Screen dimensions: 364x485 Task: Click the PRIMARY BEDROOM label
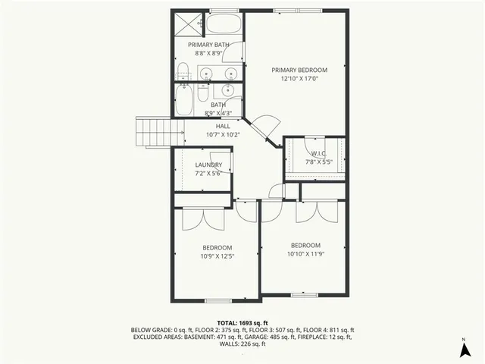299,69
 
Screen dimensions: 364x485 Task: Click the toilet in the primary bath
183,73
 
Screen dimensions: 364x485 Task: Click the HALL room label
223,126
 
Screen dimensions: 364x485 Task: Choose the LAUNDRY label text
208,165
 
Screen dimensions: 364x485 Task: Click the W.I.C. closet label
317,152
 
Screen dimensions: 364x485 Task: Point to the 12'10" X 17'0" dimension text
299,78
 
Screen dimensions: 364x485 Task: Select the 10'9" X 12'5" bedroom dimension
217,256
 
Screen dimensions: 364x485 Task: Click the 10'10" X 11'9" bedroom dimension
305,254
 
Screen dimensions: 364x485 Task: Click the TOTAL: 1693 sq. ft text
242,322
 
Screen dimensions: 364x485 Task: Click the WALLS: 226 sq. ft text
242,344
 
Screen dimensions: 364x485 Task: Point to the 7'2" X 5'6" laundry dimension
208,174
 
